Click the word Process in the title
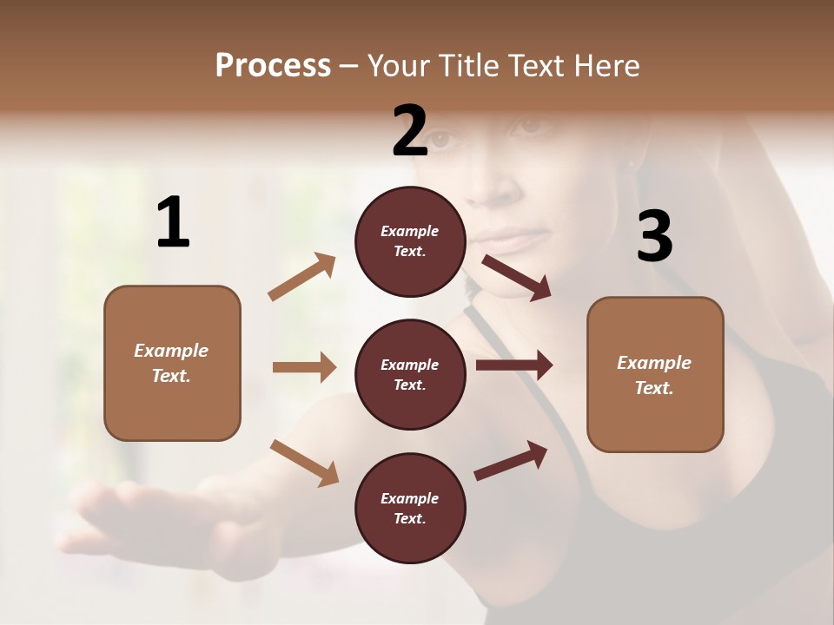273,66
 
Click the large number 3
654,237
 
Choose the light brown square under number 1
172,363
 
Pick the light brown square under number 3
655,375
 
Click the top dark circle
410,241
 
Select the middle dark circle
410,374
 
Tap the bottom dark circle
410,508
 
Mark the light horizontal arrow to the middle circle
304,367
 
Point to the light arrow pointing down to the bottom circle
304,462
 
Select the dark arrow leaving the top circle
516,278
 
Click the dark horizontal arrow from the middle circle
513,365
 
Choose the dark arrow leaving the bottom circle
511,460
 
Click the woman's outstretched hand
113,512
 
